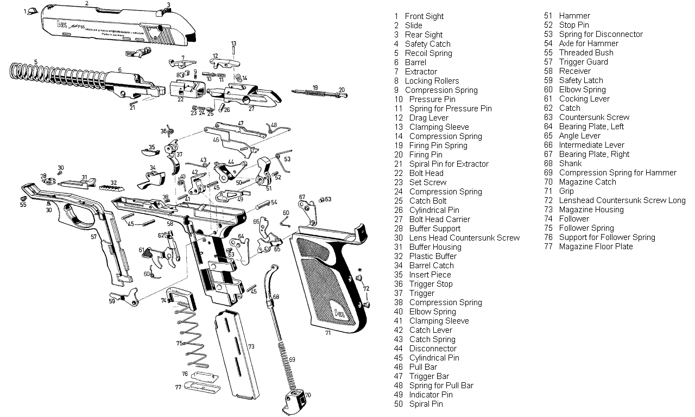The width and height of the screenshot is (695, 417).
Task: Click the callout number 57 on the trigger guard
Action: [x=93, y=237]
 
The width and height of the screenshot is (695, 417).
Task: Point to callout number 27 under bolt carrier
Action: [x=251, y=109]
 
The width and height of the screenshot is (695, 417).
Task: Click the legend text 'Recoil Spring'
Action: [x=428, y=53]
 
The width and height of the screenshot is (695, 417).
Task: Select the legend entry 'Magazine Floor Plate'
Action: [x=596, y=247]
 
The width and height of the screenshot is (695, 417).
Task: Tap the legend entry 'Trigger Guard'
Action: [x=583, y=62]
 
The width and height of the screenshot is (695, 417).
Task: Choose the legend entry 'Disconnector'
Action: [x=433, y=349]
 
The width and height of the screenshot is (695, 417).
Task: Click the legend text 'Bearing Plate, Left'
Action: [x=591, y=127]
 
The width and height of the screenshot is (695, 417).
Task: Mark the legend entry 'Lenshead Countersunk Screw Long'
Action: [x=622, y=200]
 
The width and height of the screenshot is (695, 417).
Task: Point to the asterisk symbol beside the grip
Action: [x=359, y=270]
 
